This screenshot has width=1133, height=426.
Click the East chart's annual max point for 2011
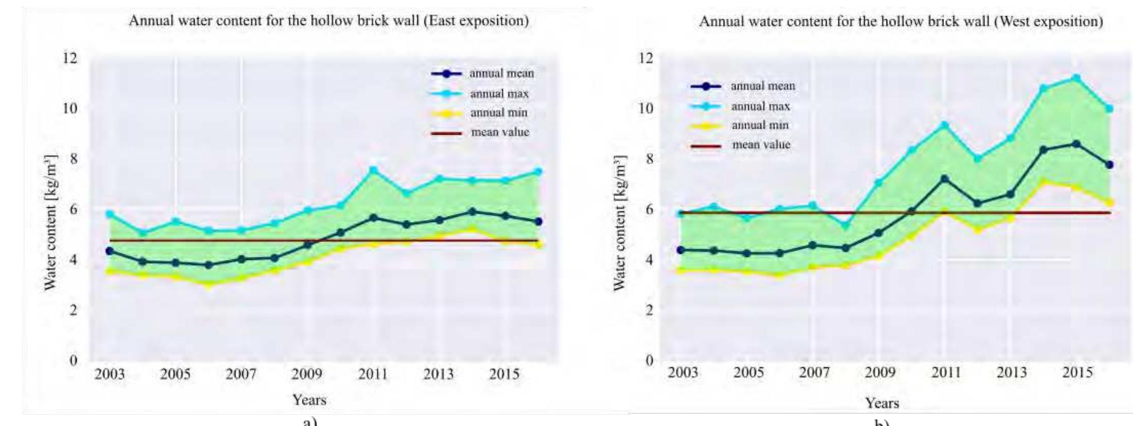[373, 170]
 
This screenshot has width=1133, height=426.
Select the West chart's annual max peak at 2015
[1076, 78]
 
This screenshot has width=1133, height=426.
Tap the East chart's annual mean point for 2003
[110, 251]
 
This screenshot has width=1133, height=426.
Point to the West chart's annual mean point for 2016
[1109, 165]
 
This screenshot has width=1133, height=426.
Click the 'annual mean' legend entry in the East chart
[502, 74]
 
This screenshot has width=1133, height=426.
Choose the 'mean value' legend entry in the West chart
[761, 145]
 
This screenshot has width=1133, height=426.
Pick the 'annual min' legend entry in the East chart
[498, 113]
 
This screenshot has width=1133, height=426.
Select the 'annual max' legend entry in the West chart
[761, 107]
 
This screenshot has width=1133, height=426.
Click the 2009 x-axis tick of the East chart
[306, 374]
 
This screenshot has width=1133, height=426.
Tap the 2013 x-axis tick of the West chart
[1011, 373]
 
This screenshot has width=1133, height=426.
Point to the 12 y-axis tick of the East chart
[70, 58]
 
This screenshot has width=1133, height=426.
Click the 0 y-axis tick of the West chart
[649, 361]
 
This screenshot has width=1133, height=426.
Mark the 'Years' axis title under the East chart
[309, 400]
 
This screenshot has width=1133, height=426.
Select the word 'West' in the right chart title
[1014, 22]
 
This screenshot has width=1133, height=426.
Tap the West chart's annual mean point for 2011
[945, 179]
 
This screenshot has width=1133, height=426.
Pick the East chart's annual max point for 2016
[538, 172]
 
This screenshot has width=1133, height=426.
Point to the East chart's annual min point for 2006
[208, 284]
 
